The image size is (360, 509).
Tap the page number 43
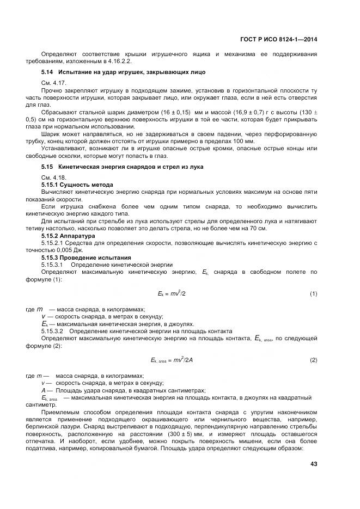click(x=313, y=464)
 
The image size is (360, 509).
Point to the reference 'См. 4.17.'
click(x=54, y=82)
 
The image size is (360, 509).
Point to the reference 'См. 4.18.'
click(x=54, y=177)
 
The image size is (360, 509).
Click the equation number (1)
click(x=313, y=294)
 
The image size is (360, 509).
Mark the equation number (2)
click(x=313, y=360)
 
